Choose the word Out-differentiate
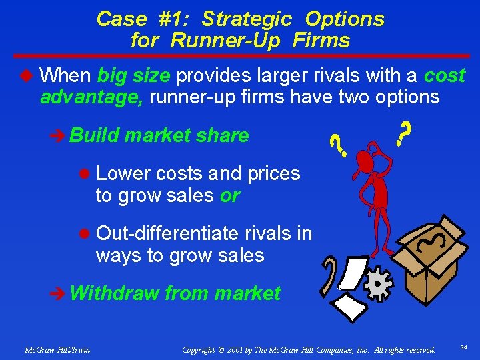(x=167, y=233)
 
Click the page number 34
(x=464, y=348)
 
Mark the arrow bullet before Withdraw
(x=58, y=293)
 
